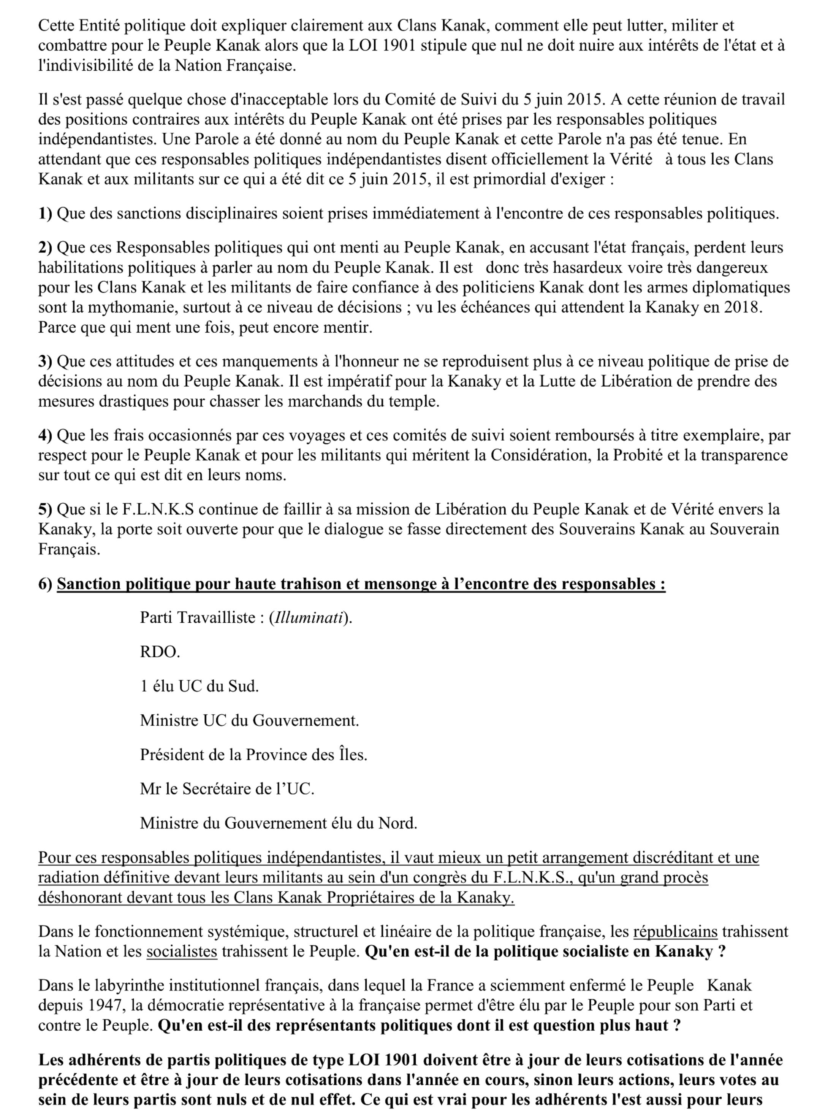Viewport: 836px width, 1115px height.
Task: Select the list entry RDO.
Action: pos(160,652)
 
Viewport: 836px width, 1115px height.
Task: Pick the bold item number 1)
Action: pos(45,213)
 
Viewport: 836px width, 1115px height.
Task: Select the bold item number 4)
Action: pos(45,435)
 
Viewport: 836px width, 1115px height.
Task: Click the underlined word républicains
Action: pos(675,931)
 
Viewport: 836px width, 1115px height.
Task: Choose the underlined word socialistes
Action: pos(182,952)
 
